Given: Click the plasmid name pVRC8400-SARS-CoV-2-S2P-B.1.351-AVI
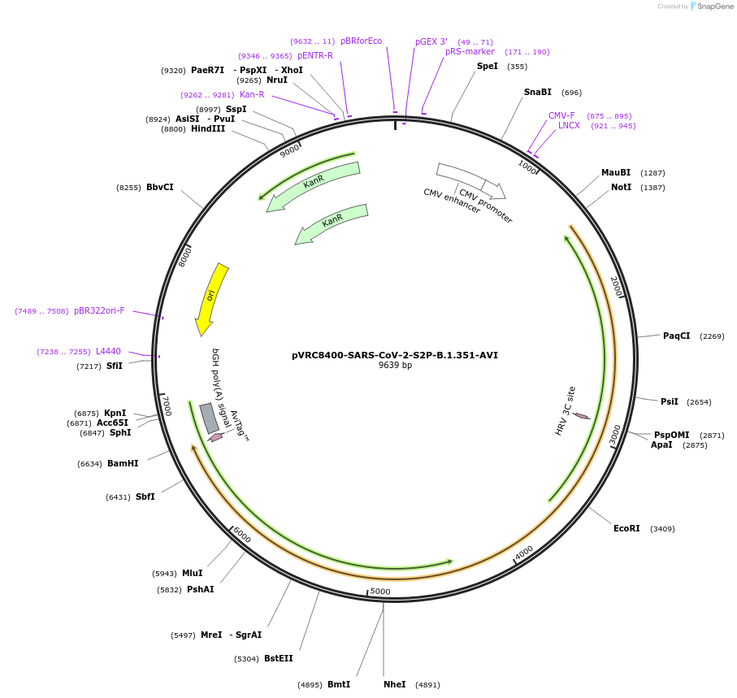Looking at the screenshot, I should tap(395, 355).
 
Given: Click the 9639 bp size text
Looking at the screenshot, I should tap(395, 366).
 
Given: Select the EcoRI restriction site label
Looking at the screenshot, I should tap(626, 529).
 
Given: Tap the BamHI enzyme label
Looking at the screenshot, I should tap(123, 464).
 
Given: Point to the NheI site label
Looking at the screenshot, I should tap(394, 685).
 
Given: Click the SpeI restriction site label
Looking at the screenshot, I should tap(488, 67).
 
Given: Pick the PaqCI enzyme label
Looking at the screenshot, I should tap(676, 336).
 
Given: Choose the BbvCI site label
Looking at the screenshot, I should tap(160, 188).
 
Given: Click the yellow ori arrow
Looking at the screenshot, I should tap(210, 297).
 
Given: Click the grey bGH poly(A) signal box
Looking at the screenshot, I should tap(209, 418).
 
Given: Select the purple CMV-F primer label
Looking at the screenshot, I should tap(561, 116).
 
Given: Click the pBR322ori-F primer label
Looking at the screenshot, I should tap(99, 310).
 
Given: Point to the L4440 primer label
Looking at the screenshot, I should tap(108, 352).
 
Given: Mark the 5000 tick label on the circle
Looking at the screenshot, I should tap(380, 592).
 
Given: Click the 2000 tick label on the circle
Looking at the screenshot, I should tap(616, 286).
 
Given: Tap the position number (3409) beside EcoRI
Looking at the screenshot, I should tap(662, 529).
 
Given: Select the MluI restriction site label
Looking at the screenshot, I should tap(193, 574).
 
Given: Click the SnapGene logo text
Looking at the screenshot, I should tap(715, 7).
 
